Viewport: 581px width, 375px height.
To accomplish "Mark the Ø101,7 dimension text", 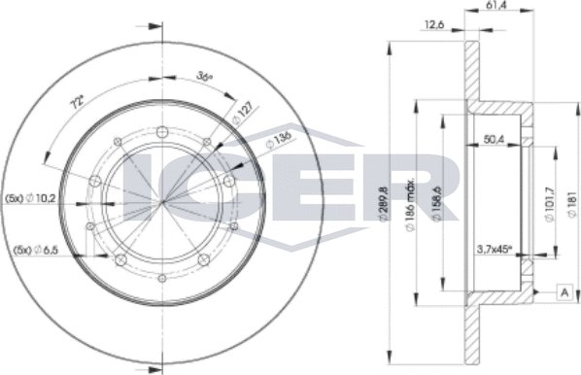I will tap(551, 205).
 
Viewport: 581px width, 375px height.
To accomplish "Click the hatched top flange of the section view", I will tap(472, 73).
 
